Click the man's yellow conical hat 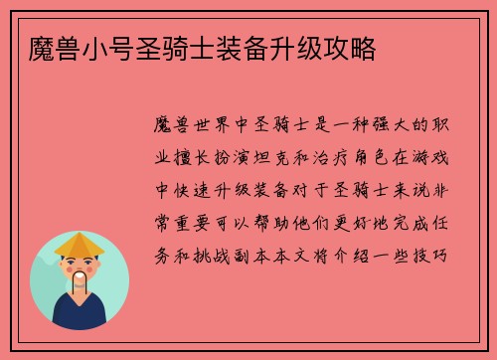click(x=79, y=244)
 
